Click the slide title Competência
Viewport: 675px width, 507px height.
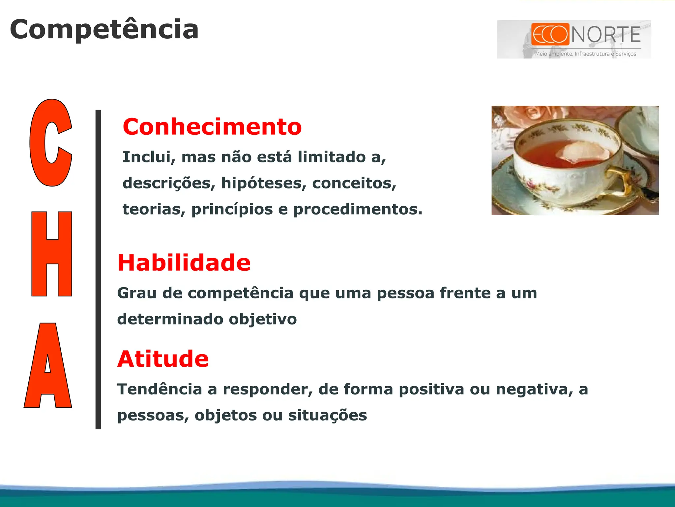point(104,30)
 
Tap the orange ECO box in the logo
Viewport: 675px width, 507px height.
point(550,34)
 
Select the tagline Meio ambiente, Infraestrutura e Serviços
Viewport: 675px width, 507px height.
point(585,54)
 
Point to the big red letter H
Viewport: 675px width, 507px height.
point(52,254)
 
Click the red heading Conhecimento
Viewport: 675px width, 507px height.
point(212,127)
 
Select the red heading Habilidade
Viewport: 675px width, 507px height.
point(184,263)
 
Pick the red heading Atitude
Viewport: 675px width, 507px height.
point(163,359)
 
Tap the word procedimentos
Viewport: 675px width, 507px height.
point(358,210)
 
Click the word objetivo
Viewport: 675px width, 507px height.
point(263,319)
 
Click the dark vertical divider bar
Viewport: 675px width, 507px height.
point(98,269)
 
